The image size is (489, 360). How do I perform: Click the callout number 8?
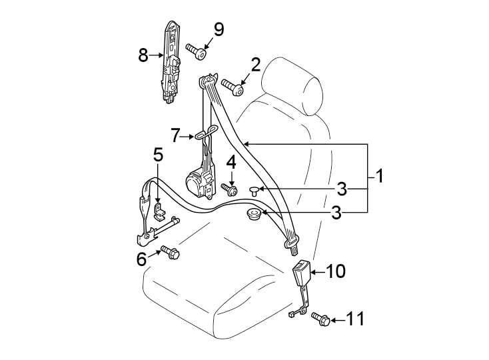click(x=143, y=56)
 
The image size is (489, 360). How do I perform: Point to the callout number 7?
click(x=175, y=135)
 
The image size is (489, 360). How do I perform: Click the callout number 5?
click(x=157, y=155)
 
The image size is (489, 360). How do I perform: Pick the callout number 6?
click(x=142, y=259)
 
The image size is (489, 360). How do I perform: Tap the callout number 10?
click(x=336, y=271)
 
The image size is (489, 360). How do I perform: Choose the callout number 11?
click(x=356, y=320)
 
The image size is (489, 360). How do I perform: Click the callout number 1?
click(x=378, y=177)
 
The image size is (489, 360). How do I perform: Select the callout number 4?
click(x=231, y=162)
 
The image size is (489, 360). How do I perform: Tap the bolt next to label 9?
click(x=196, y=51)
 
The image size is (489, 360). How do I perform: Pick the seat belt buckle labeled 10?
click(x=302, y=273)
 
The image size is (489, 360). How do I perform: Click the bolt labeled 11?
click(x=320, y=321)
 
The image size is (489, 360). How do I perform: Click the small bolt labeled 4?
click(x=232, y=190)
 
